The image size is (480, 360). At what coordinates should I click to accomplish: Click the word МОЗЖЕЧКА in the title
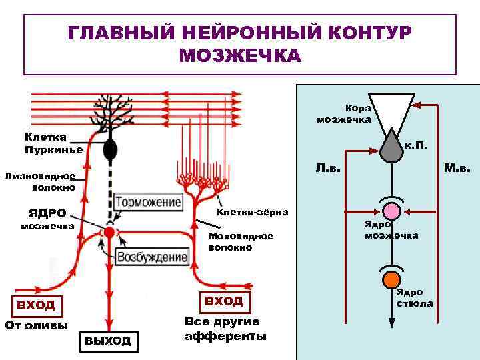coord(240,55)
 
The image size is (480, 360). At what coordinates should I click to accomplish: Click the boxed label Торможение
coord(148,201)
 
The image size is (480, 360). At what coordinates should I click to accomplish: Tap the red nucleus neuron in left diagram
coord(109,232)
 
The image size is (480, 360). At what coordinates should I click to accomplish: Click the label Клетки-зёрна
coord(252,213)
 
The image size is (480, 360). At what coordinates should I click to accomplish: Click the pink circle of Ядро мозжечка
coord(392,211)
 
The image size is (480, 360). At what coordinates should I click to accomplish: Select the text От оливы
coord(36,326)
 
